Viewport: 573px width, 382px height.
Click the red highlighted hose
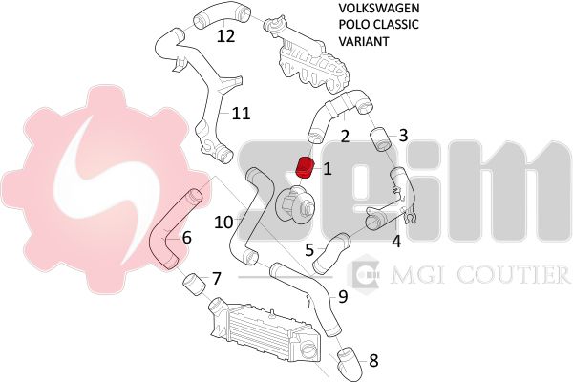pyautogui.click(x=306, y=167)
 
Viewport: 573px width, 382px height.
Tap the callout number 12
pyautogui.click(x=225, y=36)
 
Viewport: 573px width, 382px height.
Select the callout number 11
pyautogui.click(x=242, y=114)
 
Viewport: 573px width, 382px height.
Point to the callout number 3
pyautogui.click(x=403, y=136)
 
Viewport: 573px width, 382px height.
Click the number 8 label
pyautogui.click(x=373, y=360)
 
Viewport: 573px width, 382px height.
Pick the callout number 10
pyautogui.click(x=223, y=222)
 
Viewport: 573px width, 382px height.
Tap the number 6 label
pyautogui.click(x=186, y=238)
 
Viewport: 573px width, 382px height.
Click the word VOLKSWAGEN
pyautogui.click(x=379, y=8)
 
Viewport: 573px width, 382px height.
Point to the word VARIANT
pyautogui.click(x=364, y=41)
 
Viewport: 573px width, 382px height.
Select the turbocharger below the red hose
pyautogui.click(x=294, y=202)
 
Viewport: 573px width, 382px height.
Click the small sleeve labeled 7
pyautogui.click(x=193, y=285)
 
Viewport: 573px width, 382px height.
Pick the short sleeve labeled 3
pyautogui.click(x=381, y=139)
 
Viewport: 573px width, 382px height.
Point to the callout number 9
pyautogui.click(x=343, y=297)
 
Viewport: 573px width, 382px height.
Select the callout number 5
pyautogui.click(x=309, y=250)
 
